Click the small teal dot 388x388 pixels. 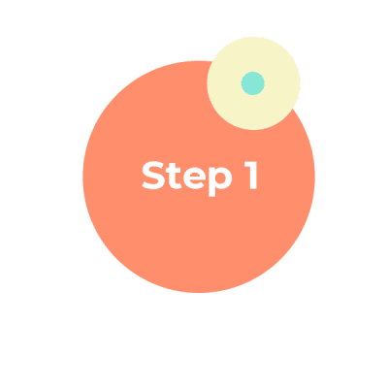[253, 83]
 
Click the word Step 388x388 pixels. [187, 177]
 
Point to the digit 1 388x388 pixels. [252, 176]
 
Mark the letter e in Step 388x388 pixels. [193, 179]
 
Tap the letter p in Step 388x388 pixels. [220, 181]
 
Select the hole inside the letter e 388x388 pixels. [193, 176]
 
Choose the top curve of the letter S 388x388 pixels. [154, 163]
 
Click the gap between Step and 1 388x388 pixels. [239, 177]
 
